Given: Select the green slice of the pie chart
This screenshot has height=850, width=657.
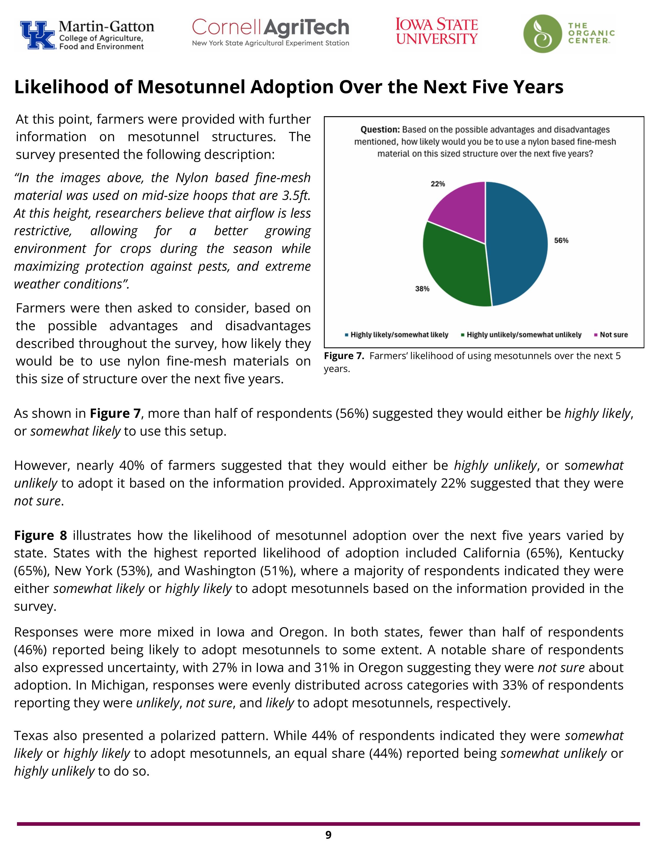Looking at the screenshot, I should (x=455, y=269).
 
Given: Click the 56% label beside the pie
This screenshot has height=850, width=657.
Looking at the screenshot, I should (x=561, y=241).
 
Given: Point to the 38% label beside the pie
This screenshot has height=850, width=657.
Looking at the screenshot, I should (x=422, y=289).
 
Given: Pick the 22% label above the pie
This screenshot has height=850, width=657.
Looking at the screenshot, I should (x=437, y=184).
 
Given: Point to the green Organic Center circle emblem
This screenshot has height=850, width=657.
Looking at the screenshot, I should (x=542, y=34).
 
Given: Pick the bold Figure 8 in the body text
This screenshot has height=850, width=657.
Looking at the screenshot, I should (x=40, y=535).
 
